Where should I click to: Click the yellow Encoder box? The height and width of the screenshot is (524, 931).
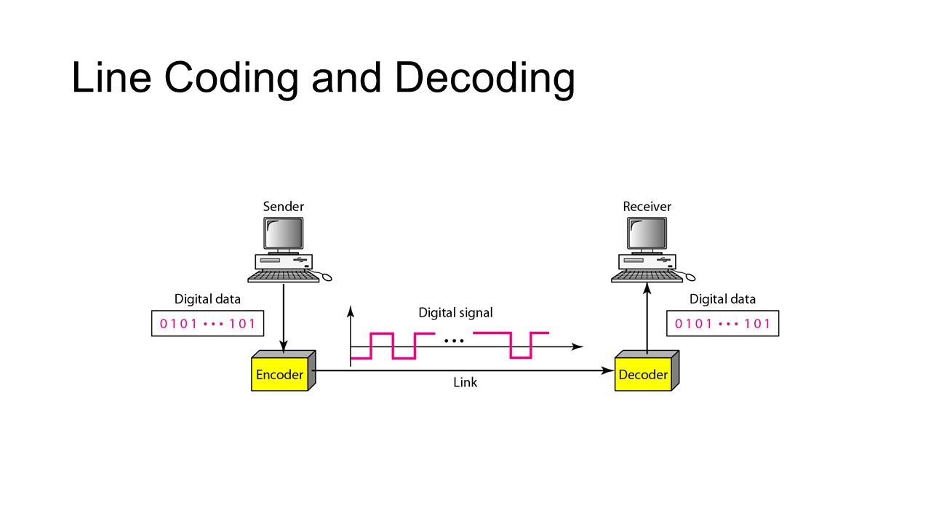click(x=279, y=375)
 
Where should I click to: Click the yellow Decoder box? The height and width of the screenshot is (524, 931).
click(x=643, y=375)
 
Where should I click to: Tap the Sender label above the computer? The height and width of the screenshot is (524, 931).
click(x=284, y=207)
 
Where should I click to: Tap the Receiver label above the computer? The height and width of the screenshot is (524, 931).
click(x=647, y=207)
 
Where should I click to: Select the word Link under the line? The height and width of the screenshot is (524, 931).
click(x=465, y=381)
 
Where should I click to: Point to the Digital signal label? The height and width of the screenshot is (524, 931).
click(x=455, y=313)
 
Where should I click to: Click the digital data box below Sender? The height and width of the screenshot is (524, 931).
click(x=207, y=324)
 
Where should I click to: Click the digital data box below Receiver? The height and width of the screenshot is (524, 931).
click(x=722, y=324)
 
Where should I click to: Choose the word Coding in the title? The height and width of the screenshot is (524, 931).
click(x=231, y=78)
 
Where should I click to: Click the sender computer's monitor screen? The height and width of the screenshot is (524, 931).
click(x=284, y=233)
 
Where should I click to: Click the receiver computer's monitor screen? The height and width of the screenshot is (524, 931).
click(x=647, y=233)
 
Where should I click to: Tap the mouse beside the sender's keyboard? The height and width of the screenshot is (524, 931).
click(x=327, y=277)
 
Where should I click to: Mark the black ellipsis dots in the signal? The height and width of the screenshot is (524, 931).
click(x=453, y=341)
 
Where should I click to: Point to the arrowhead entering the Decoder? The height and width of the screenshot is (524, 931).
click(x=608, y=370)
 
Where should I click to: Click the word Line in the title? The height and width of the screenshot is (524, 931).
click(x=111, y=78)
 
